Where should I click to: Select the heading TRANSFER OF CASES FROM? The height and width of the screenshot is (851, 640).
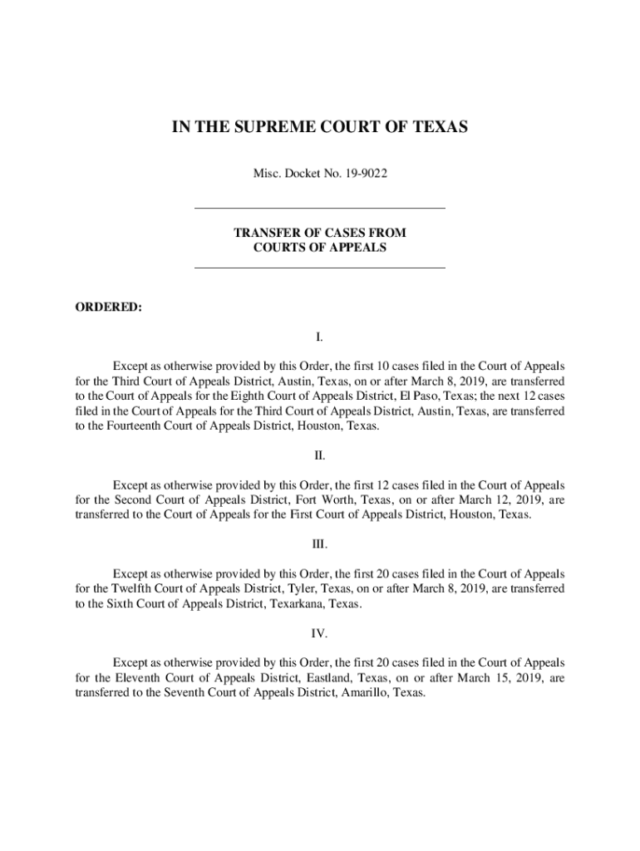320,233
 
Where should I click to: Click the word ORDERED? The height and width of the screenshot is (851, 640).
108,307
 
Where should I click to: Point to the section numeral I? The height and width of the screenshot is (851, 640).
320,337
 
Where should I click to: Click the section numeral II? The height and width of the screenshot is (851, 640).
320,455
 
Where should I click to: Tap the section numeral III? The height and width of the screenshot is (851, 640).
320,544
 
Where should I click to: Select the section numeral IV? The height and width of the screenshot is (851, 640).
320,633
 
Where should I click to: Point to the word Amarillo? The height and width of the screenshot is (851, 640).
363,693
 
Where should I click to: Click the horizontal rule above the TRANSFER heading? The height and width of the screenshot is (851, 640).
320,208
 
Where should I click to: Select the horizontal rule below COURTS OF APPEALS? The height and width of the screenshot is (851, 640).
320,268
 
